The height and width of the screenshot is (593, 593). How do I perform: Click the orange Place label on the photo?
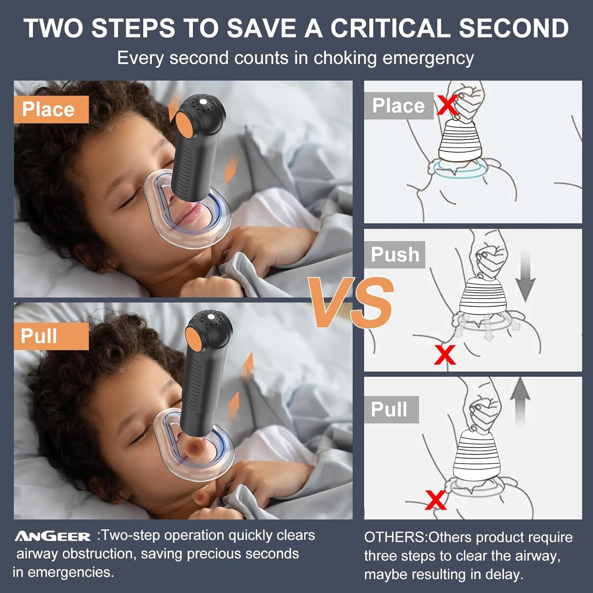(51, 110)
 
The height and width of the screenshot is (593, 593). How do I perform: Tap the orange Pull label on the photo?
(51, 336)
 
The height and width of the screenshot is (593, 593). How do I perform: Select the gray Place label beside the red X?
(398, 106)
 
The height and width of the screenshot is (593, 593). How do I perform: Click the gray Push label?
(395, 255)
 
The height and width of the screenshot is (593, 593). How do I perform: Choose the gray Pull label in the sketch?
(390, 410)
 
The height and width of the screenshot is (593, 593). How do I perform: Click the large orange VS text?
(351, 303)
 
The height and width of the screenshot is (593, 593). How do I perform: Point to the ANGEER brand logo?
(53, 536)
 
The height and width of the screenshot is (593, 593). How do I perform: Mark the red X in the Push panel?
(445, 355)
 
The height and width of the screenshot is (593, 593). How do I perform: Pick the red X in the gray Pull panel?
(435, 500)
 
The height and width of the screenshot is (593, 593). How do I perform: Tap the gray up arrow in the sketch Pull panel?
(520, 402)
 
